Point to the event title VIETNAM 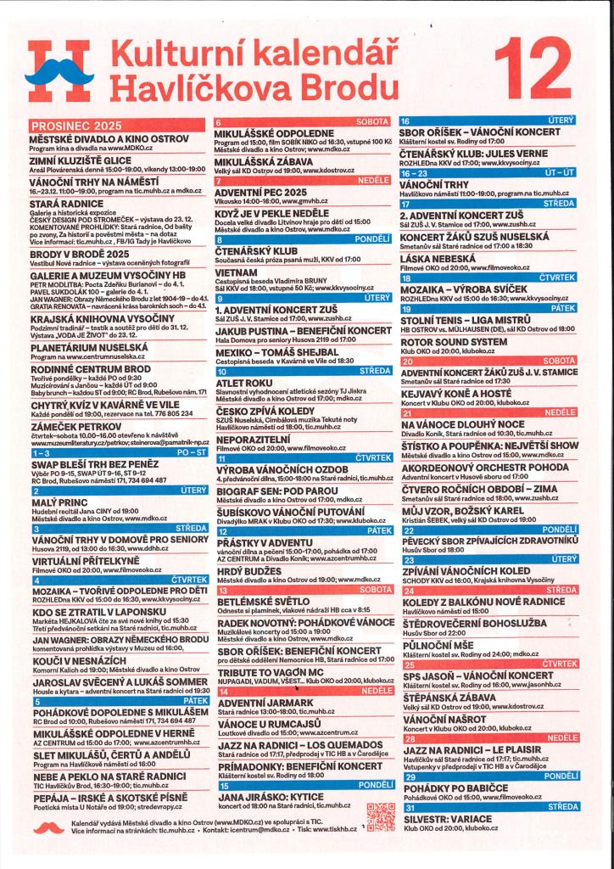pyautogui.click(x=237, y=273)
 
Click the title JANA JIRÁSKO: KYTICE pyautogui.click(x=270, y=798)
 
